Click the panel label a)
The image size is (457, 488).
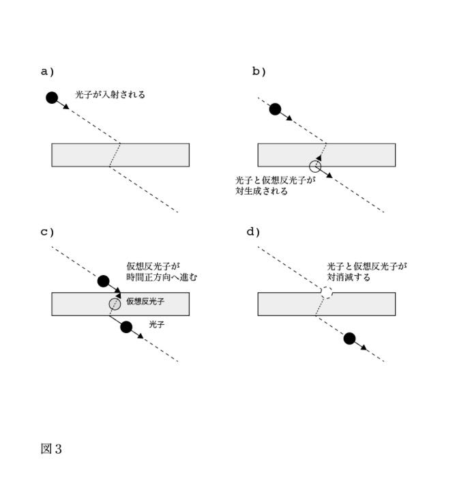[47, 71]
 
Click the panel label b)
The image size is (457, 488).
[259, 71]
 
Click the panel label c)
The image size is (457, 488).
[47, 231]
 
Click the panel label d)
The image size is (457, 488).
[254, 231]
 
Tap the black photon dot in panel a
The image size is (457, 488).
[52, 98]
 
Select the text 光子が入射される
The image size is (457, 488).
[110, 95]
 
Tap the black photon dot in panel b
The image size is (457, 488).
[275, 109]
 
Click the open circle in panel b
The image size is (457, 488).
[314, 165]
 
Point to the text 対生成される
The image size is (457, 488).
[261, 192]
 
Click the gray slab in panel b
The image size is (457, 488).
[286, 155]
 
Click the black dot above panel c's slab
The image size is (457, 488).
[104, 281]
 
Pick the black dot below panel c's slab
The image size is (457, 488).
[126, 327]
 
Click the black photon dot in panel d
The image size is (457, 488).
[350, 339]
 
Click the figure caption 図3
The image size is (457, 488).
[52, 449]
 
